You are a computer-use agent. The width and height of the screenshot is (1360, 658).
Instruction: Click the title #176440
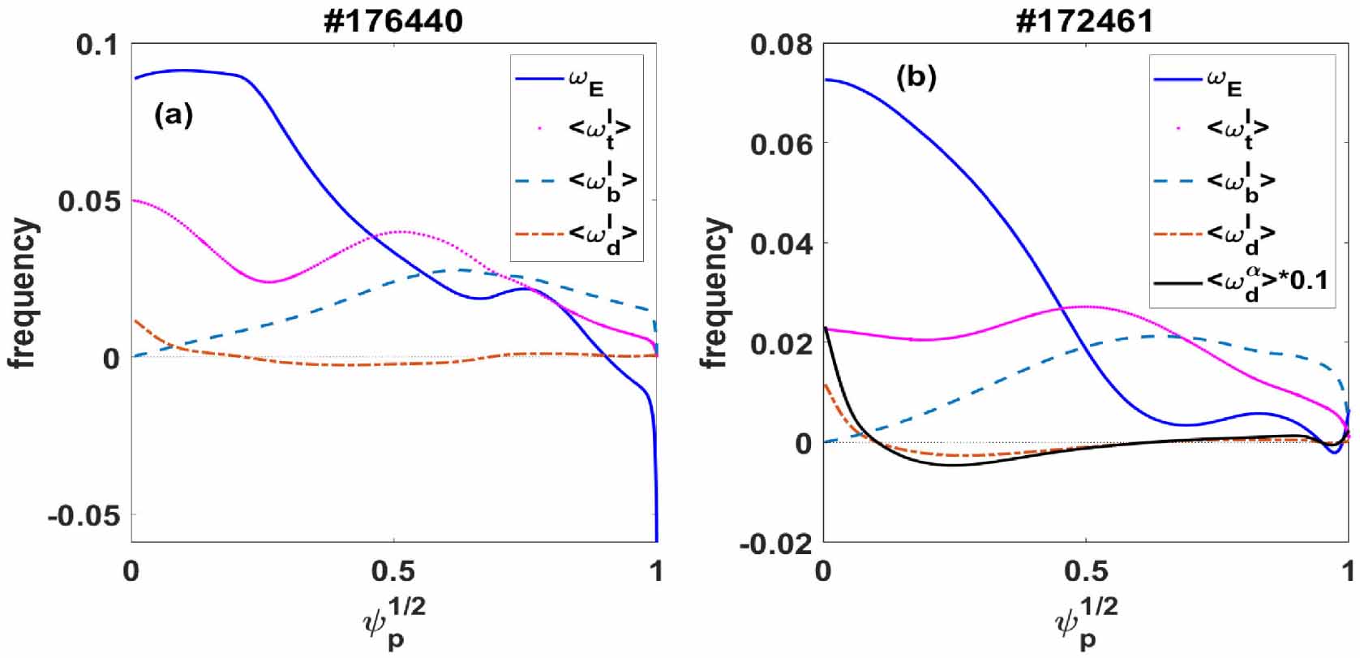393,19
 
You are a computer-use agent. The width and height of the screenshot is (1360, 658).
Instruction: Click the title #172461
1085,19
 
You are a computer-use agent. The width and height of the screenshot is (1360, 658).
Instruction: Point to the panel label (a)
174,116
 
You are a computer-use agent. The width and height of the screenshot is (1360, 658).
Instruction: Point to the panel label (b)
916,77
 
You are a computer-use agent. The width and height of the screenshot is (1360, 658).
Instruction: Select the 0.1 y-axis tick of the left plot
97,45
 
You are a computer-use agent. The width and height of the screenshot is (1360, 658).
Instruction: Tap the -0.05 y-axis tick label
83,515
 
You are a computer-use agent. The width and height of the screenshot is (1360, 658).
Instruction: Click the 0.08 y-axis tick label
781,45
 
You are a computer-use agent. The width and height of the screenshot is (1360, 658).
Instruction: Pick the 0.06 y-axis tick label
781,144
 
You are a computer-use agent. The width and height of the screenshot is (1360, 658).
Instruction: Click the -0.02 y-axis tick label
775,544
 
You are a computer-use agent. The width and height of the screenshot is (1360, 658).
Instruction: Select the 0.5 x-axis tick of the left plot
393,571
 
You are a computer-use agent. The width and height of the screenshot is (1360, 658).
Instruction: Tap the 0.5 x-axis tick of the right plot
1085,571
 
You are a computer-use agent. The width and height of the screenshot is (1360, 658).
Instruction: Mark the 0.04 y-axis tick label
781,243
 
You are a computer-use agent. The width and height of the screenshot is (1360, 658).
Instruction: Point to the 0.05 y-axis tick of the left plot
89,201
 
